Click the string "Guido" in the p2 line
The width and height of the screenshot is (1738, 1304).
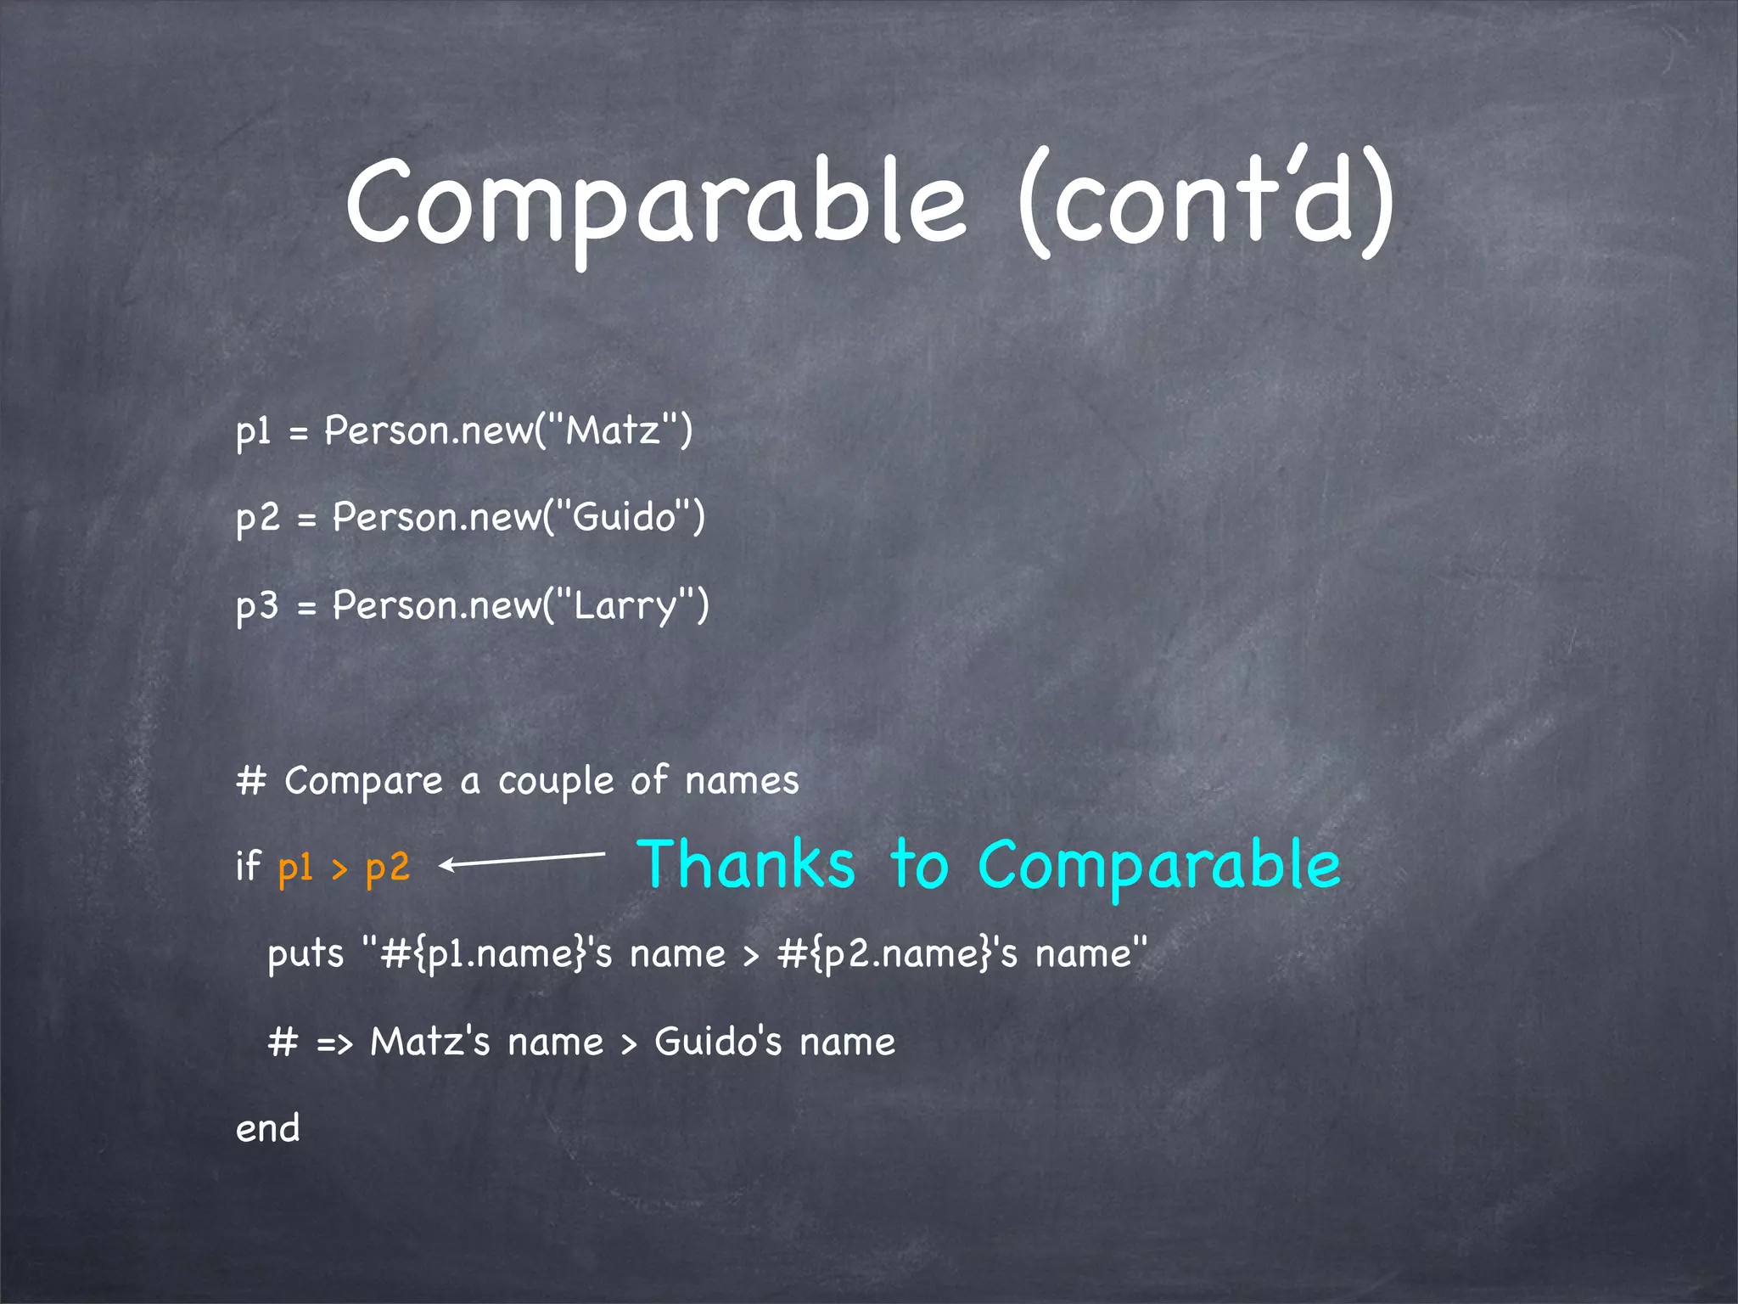(x=624, y=517)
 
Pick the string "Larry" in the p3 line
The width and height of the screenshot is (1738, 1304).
(x=626, y=606)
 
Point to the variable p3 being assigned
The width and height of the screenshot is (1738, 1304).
(x=256, y=606)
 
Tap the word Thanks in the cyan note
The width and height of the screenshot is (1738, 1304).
(x=747, y=864)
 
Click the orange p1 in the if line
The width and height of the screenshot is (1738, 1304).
(x=295, y=868)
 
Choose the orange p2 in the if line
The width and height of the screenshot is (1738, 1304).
(x=388, y=868)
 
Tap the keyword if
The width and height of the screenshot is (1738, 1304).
(x=248, y=866)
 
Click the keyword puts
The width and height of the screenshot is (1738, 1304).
(x=306, y=954)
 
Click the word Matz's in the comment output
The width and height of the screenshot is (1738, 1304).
(x=430, y=1042)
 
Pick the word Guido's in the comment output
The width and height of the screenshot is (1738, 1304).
(x=718, y=1042)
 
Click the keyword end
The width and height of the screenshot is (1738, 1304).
(x=267, y=1129)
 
